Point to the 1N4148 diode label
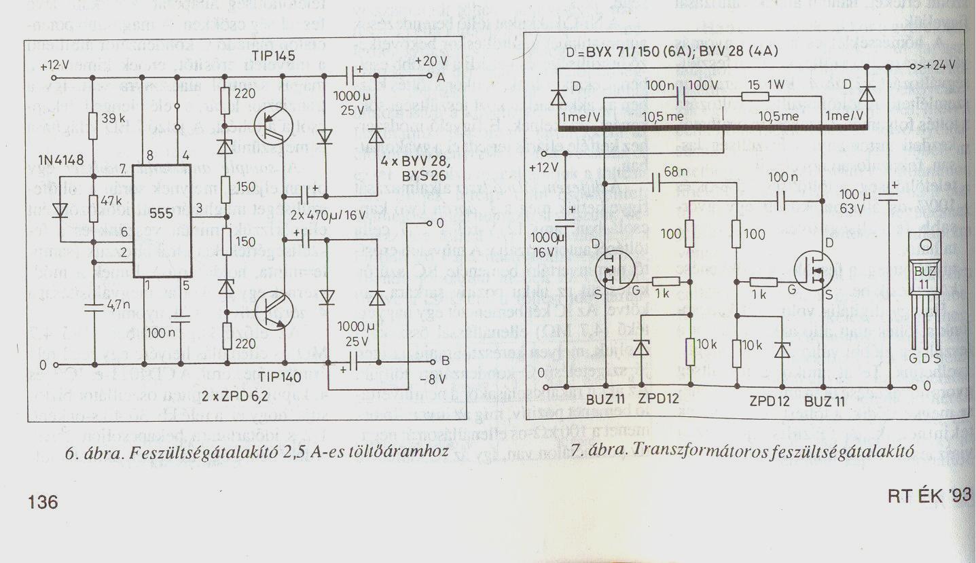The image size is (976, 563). coord(62,161)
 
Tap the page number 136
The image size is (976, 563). coord(43,503)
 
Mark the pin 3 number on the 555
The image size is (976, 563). coord(199,208)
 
